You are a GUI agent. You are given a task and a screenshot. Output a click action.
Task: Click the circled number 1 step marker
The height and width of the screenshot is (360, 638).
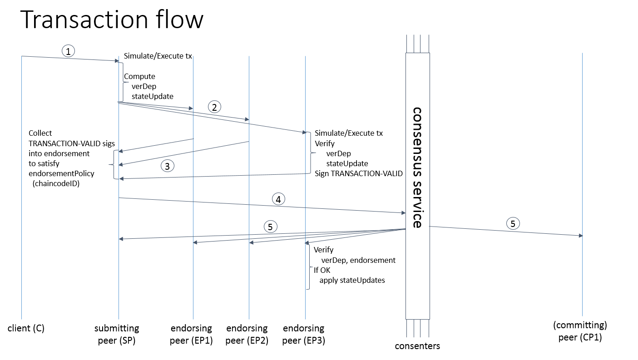pyautogui.click(x=68, y=51)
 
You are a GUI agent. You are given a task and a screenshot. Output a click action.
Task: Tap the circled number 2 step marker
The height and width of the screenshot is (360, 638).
pyautogui.click(x=214, y=107)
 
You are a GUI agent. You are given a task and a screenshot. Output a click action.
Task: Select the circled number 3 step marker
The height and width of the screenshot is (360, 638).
pyautogui.click(x=167, y=166)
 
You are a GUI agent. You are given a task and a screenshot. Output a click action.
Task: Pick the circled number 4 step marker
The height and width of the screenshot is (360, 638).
pyautogui.click(x=278, y=198)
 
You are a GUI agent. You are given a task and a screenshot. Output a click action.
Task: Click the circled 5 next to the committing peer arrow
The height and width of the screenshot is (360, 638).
pyautogui.click(x=513, y=223)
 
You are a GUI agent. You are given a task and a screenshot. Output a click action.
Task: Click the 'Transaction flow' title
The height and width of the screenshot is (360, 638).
pyautogui.click(x=112, y=20)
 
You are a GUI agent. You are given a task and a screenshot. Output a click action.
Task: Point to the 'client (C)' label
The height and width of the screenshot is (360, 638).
pyautogui.click(x=26, y=328)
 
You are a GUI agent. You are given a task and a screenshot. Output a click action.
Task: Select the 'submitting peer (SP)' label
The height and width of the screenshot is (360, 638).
pyautogui.click(x=117, y=334)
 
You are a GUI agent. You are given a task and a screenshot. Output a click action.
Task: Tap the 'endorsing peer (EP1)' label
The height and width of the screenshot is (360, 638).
pyautogui.click(x=191, y=334)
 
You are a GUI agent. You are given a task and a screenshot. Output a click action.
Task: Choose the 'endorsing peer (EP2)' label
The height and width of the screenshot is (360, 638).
pyautogui.click(x=247, y=334)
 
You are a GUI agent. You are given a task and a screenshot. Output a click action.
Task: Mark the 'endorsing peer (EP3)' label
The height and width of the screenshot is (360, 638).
pyautogui.click(x=303, y=334)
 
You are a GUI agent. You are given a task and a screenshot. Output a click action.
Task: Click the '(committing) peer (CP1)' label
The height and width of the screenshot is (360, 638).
pyautogui.click(x=580, y=331)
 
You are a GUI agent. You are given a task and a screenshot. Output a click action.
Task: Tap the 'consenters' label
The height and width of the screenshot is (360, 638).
pyautogui.click(x=417, y=346)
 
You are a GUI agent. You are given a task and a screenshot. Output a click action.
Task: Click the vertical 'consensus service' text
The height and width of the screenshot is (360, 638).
pyautogui.click(x=417, y=168)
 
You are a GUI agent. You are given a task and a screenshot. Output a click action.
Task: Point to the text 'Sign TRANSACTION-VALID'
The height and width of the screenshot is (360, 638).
pyautogui.click(x=359, y=173)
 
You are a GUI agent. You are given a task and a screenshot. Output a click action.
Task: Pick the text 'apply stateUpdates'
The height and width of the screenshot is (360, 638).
pyautogui.click(x=352, y=280)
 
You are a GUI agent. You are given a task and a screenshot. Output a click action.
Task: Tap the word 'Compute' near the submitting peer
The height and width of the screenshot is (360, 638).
pyautogui.click(x=139, y=76)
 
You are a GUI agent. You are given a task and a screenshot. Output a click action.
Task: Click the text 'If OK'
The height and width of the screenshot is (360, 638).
pyautogui.click(x=322, y=270)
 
